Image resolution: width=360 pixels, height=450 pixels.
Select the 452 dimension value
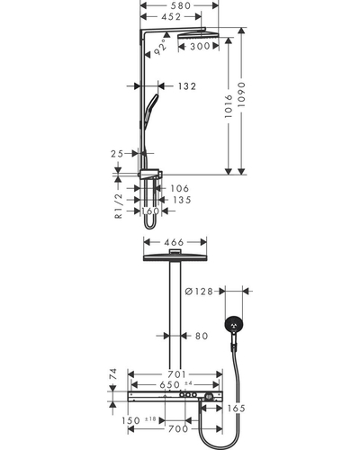click(171, 17)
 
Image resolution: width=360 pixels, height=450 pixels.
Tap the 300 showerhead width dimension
click(200, 46)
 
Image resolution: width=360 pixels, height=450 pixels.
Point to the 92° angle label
click(161, 47)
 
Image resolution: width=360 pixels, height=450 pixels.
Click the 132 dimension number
click(186, 86)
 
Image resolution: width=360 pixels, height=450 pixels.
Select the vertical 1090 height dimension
click(241, 94)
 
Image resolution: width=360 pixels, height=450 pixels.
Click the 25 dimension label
click(117, 154)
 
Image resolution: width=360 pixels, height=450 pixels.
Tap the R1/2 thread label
click(119, 206)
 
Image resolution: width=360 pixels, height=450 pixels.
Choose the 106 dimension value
click(180, 188)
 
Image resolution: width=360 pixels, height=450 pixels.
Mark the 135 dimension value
click(182, 200)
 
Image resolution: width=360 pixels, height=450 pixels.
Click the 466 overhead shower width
click(174, 242)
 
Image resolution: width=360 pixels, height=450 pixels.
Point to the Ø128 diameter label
click(199, 292)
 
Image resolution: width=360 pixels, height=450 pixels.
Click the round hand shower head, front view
click(234, 325)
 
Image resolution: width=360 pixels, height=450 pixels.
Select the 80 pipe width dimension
click(202, 336)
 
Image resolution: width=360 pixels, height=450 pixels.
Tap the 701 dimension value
click(176, 374)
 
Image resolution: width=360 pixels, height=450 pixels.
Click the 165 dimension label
click(236, 409)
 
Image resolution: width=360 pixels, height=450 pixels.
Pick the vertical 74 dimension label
click(112, 374)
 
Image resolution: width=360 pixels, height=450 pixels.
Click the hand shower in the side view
click(151, 111)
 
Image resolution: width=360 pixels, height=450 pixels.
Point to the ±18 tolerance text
click(150, 419)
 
